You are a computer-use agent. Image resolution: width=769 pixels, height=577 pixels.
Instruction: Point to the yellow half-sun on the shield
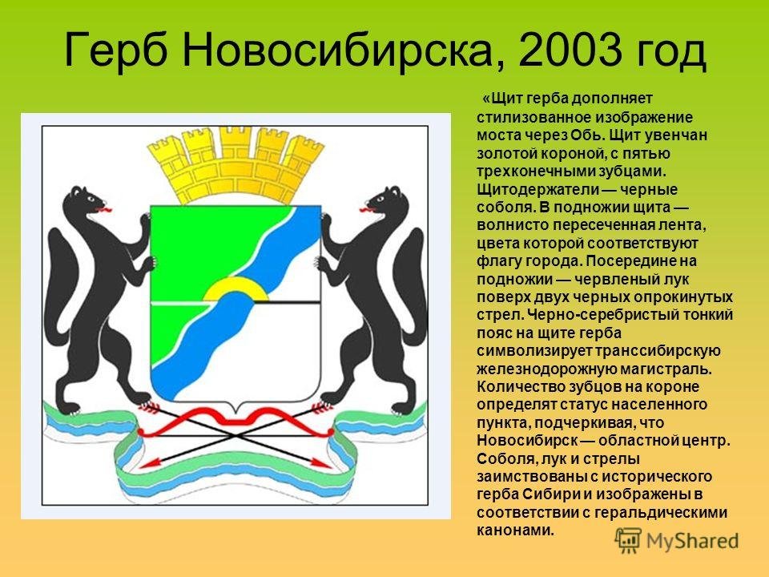click(x=236, y=288)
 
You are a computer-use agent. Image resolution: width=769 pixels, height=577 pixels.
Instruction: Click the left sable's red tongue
click(x=103, y=210)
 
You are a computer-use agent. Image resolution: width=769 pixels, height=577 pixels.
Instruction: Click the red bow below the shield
click(x=236, y=421)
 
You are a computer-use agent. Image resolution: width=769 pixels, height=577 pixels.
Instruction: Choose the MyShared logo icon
click(x=628, y=540)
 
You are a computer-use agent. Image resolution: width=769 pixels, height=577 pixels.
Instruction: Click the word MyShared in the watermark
click(x=692, y=541)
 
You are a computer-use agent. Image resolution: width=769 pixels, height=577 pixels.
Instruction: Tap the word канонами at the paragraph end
click(x=515, y=531)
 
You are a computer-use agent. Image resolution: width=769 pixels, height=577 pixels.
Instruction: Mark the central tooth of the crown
click(x=236, y=143)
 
